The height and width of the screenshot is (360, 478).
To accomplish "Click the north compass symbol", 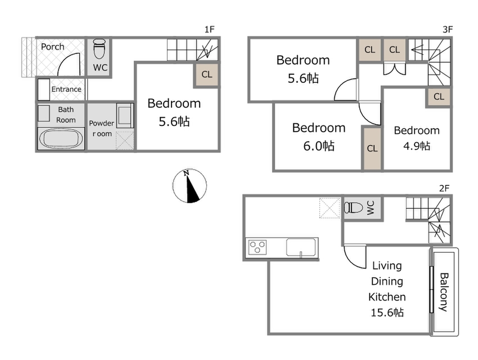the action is pyautogui.click(x=190, y=186).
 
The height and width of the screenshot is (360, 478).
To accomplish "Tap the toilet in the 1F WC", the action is pyautogui.click(x=99, y=49).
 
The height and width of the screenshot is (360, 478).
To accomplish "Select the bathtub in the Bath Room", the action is pyautogui.click(x=61, y=139).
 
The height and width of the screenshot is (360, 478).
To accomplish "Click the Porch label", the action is pyautogui.click(x=53, y=47).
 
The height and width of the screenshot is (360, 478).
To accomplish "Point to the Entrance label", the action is pyautogui.click(x=67, y=89).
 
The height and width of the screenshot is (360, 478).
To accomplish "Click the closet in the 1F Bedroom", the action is pyautogui.click(x=207, y=74).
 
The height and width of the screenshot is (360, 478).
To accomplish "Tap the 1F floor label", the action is pyautogui.click(x=210, y=29).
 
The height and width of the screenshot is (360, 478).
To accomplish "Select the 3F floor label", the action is pyautogui.click(x=447, y=29).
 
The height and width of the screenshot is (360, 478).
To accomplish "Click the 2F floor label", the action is pyautogui.click(x=444, y=188).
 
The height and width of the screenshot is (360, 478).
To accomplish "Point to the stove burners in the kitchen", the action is pyautogui.click(x=258, y=247).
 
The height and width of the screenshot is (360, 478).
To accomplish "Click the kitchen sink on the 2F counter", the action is pyautogui.click(x=301, y=247).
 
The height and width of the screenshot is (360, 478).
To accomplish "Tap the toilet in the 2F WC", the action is pyautogui.click(x=353, y=208).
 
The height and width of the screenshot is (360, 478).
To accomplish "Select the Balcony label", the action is pyautogui.click(x=444, y=292).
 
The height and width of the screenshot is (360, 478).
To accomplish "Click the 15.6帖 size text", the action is pyautogui.click(x=387, y=312).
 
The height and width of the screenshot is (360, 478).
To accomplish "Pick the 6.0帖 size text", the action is pyautogui.click(x=319, y=146).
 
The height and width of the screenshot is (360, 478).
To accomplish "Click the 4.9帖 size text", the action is pyautogui.click(x=417, y=146).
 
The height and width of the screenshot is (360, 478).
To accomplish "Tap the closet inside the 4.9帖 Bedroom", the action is pyautogui.click(x=439, y=97).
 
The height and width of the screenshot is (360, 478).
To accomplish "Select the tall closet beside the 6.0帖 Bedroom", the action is pyautogui.click(x=372, y=148).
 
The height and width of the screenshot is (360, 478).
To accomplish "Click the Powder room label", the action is pyautogui.click(x=102, y=128).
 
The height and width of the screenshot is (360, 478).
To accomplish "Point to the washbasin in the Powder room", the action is pyautogui.click(x=125, y=115).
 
